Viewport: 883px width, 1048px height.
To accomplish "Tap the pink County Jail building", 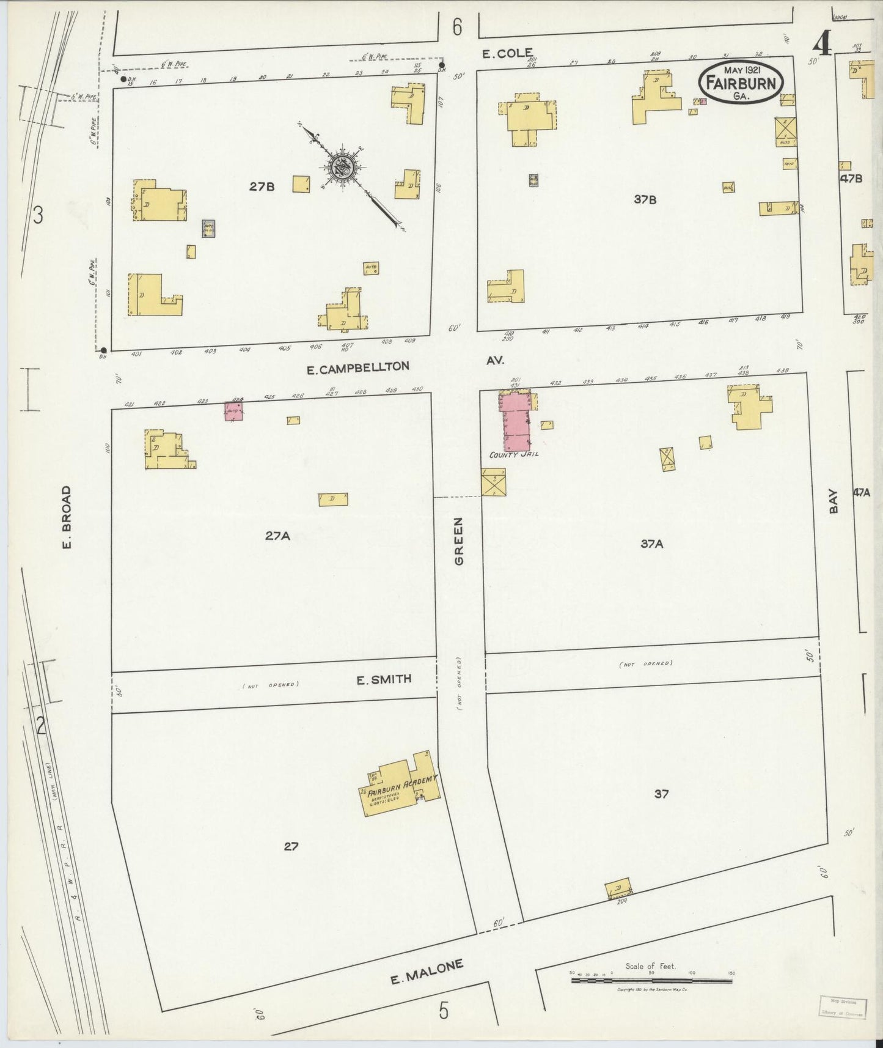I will [515, 422].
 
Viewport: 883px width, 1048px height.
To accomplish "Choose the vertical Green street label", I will [460, 541].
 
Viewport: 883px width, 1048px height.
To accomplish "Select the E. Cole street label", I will [507, 53].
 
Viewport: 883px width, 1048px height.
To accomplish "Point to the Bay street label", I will [833, 503].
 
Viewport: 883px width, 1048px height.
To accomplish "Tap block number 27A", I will [277, 536].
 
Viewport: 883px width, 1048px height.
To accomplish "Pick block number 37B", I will [645, 199].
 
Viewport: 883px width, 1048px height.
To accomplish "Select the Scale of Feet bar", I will [651, 981].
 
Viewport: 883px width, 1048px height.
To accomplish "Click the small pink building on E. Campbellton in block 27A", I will [234, 411].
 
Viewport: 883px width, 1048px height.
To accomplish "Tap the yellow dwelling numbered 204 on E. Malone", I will [618, 888].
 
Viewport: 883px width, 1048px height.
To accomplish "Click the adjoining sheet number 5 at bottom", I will [444, 1011].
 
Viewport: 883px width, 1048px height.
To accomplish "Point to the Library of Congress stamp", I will [843, 1007].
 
